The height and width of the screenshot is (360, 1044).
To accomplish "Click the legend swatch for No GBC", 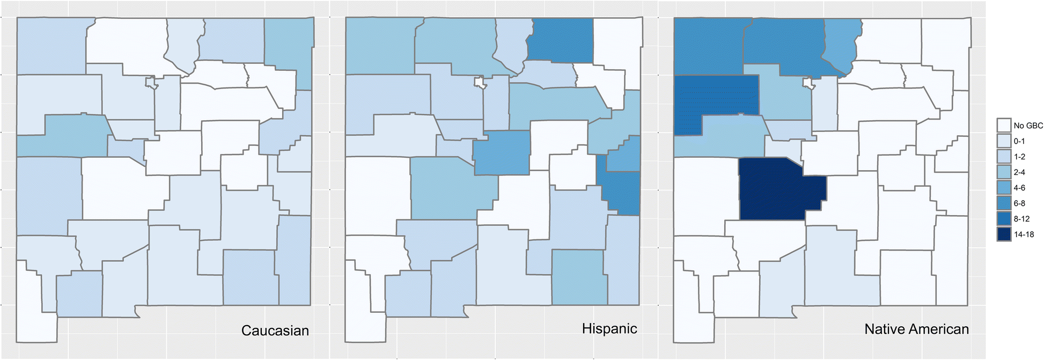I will (1004, 126).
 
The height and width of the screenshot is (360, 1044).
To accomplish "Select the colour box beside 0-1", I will (1004, 141).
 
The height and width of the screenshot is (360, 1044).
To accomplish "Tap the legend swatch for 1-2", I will (1004, 157).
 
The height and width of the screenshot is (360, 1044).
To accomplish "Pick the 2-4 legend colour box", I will (1004, 172).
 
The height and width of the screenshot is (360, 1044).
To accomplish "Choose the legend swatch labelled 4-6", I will (1004, 188).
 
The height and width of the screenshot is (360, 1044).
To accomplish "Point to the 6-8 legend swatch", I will (1004, 203).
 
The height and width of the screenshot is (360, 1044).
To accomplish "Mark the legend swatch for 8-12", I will (1004, 219).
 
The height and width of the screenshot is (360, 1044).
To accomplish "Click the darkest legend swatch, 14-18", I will (1004, 234).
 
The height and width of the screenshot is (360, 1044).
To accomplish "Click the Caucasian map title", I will (275, 330).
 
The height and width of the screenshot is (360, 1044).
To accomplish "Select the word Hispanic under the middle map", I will (609, 328).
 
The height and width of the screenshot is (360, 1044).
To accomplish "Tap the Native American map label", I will (916, 329).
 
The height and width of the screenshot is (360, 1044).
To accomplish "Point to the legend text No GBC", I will (1028, 126).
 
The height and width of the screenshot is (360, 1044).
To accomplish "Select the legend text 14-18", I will (1024, 234).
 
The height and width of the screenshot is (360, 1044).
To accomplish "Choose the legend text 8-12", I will (1021, 219).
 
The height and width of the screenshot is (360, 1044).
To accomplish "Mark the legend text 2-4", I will (1019, 172).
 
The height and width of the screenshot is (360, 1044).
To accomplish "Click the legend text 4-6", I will (1019, 188).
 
